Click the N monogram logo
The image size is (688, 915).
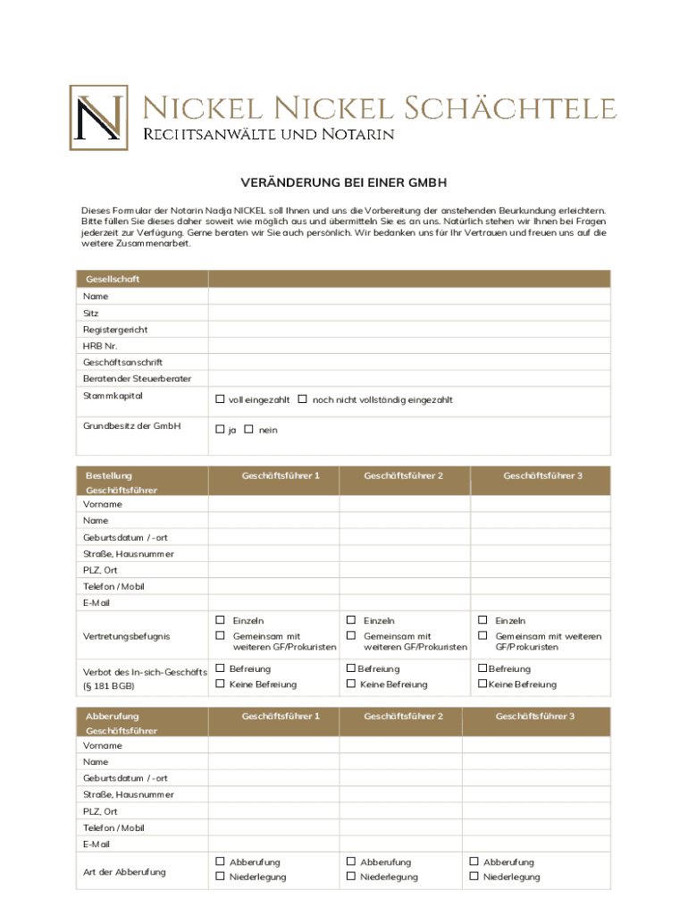click(98, 117)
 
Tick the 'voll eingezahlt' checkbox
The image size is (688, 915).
click(220, 399)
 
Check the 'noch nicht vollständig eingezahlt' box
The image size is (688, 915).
click(303, 399)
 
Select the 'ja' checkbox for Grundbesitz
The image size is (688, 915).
click(220, 430)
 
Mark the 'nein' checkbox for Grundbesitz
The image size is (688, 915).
click(248, 430)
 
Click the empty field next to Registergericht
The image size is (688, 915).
click(409, 330)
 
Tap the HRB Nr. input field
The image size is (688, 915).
click(409, 346)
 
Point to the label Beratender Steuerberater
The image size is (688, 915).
click(137, 379)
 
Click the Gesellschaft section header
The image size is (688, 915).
click(113, 279)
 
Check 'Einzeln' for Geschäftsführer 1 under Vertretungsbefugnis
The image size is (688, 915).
click(220, 620)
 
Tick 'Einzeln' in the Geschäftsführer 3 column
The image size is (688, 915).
click(482, 620)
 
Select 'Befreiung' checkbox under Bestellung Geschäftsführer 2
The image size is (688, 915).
click(351, 668)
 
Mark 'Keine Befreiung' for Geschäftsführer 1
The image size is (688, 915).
click(220, 684)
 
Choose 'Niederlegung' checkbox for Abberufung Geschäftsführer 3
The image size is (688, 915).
click(474, 877)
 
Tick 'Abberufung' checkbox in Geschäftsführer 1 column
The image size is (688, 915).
click(220, 861)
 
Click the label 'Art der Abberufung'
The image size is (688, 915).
click(124, 872)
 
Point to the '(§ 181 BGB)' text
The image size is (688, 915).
click(109, 686)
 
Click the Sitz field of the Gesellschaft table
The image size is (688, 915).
click(409, 314)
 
